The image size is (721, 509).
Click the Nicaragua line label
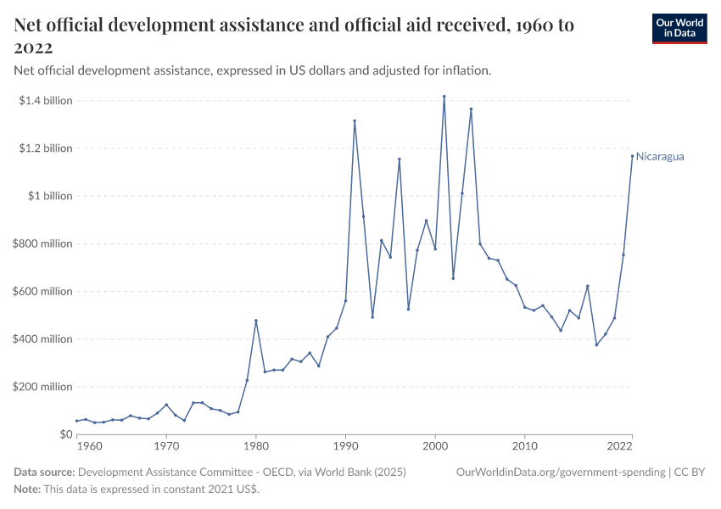tap(660, 157)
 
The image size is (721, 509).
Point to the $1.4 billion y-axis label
tap(46, 101)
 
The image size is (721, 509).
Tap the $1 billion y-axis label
tap(52, 196)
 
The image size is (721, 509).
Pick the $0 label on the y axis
tap(65, 434)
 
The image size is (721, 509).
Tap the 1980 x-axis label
tap(256, 445)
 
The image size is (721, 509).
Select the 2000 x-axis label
tap(435, 445)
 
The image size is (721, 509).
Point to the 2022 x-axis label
tap(619, 445)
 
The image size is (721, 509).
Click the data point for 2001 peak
tap(444, 97)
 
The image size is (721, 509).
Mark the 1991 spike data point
tap(355, 120)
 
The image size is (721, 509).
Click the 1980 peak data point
tap(256, 321)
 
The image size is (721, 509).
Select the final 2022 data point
tap(632, 155)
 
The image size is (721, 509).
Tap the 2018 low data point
tap(596, 344)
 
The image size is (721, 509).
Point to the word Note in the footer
tap(28, 489)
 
